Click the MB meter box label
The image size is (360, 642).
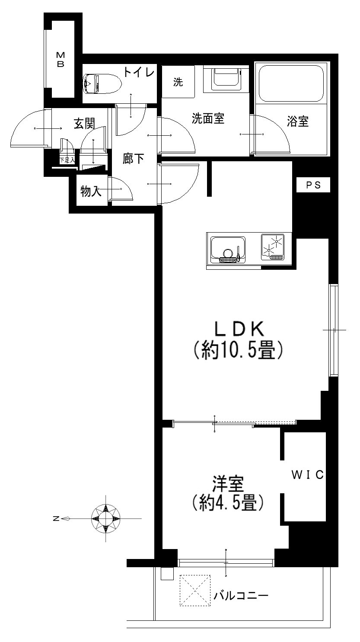coord(61,59)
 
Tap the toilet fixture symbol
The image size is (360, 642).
coord(102,84)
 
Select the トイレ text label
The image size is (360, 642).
coord(139,72)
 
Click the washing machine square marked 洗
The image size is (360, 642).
coord(178,82)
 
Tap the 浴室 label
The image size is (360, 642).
coord(298,121)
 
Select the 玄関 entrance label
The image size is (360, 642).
coord(84,124)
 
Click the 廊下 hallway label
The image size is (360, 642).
coord(133,159)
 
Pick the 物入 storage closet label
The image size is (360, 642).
coord(91,191)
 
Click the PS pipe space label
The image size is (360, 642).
coord(313,185)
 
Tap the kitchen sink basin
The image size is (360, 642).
coord(228,249)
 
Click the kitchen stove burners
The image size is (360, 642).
coord(273,247)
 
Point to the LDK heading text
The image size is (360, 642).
coord(239,329)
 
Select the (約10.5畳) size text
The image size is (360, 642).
coord(238,350)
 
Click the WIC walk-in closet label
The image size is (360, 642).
coord(308,475)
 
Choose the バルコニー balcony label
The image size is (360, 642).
coord(241,596)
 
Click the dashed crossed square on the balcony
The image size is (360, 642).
coord(195,590)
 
